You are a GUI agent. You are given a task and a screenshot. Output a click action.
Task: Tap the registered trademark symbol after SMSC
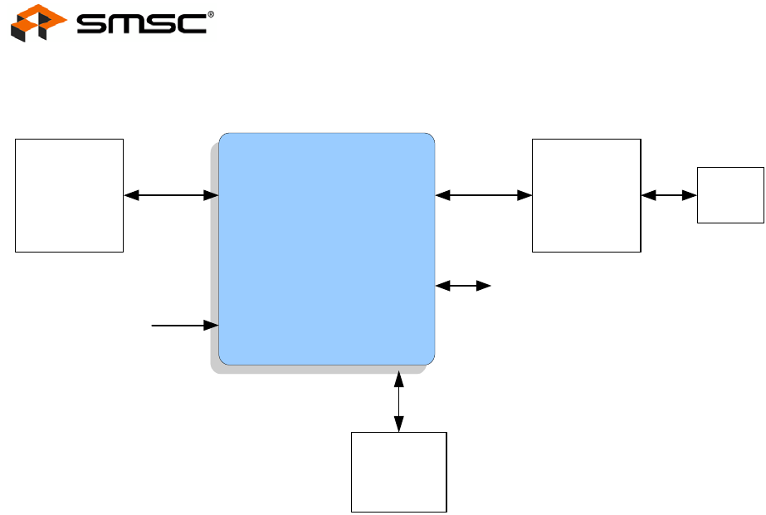point(210,15)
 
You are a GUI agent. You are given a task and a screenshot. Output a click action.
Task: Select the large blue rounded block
point(326,248)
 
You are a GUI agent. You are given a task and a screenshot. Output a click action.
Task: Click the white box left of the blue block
point(69,195)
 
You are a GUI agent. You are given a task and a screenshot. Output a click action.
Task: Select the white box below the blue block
point(399,472)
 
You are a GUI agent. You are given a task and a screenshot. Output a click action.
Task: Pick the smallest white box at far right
point(730,194)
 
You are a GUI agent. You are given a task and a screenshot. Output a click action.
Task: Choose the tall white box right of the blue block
point(586,195)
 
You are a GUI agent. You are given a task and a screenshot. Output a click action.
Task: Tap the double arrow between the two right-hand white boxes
point(669,195)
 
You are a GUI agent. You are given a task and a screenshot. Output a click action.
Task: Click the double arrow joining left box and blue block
point(171,195)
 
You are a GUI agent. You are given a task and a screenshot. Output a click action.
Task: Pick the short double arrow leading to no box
point(463,286)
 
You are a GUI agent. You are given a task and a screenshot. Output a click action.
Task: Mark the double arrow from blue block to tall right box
point(483,195)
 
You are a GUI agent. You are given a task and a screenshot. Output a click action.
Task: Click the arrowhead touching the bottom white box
point(399,425)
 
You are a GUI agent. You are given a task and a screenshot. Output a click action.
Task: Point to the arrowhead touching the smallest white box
point(690,195)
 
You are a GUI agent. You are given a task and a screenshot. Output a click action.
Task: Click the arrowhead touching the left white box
point(130,195)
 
